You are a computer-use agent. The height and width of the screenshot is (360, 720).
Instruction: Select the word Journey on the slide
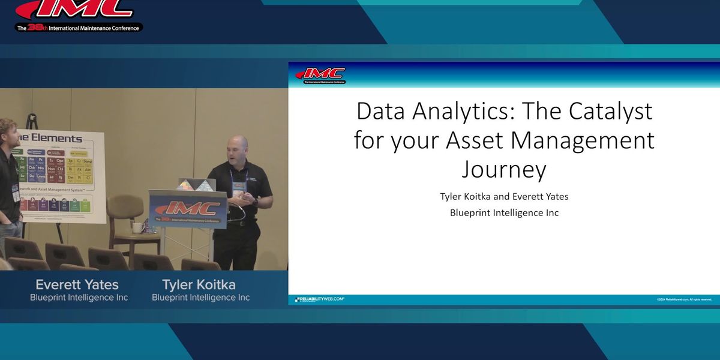[x=504, y=169]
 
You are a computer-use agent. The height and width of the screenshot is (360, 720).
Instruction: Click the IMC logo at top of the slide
[x=320, y=75]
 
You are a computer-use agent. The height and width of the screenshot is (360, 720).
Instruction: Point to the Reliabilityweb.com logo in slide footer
[x=319, y=299]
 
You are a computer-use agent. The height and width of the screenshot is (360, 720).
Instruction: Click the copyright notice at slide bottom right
[x=684, y=299]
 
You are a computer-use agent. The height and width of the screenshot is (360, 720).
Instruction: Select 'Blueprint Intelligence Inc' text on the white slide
[x=504, y=212]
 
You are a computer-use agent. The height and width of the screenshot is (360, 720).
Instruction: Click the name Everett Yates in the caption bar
[x=77, y=284]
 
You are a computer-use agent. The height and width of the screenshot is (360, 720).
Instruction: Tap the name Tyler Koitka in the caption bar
[x=199, y=284]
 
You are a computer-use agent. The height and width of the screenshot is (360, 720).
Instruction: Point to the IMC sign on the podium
[x=188, y=209]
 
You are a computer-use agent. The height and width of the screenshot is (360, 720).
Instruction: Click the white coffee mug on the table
[x=137, y=228]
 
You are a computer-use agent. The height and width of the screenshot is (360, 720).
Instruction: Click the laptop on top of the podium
[x=196, y=184]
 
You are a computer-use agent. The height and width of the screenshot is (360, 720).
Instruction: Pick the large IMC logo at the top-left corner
[x=75, y=8]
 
